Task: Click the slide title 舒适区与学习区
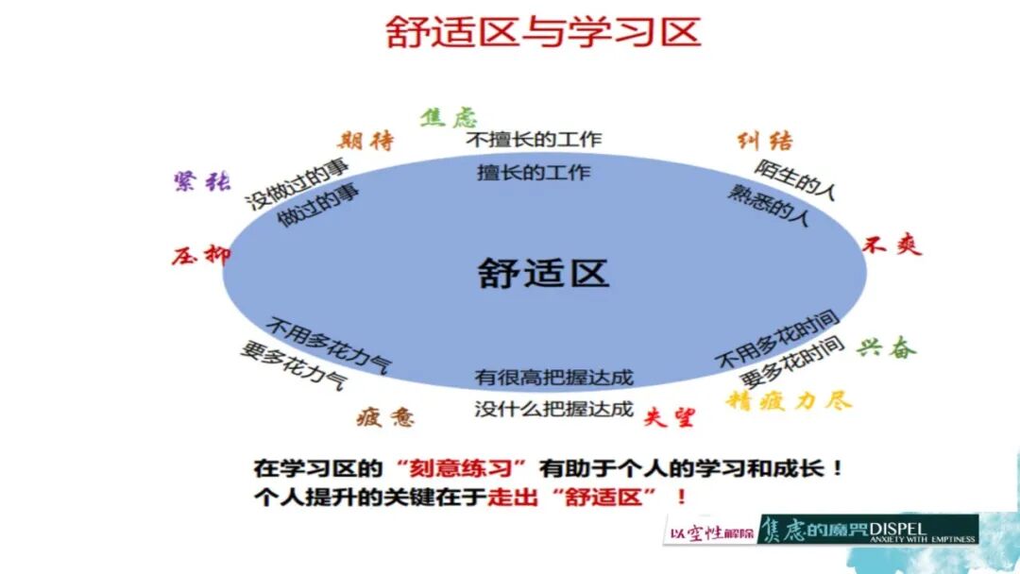pyautogui.click(x=543, y=31)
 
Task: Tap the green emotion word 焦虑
pyautogui.click(x=449, y=117)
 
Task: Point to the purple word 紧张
pyautogui.click(x=201, y=181)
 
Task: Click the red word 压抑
pyautogui.click(x=200, y=255)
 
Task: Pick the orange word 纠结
pyautogui.click(x=765, y=142)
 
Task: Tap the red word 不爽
pyautogui.click(x=892, y=245)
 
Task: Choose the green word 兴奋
pyautogui.click(x=887, y=347)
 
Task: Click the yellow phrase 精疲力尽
pyautogui.click(x=789, y=400)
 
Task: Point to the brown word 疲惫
pyautogui.click(x=384, y=417)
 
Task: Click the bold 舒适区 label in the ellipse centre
pyautogui.click(x=543, y=273)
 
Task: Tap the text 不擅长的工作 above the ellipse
pyautogui.click(x=535, y=140)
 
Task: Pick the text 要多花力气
pyautogui.click(x=293, y=366)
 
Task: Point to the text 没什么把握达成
pyautogui.click(x=553, y=409)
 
